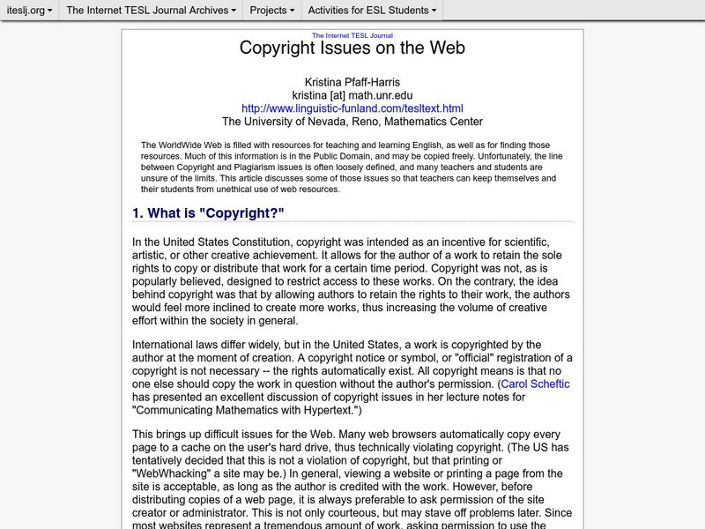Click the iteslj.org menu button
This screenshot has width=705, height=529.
tap(29, 11)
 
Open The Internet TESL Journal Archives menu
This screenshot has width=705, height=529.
tap(151, 11)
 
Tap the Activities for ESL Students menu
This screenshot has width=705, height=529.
tap(372, 11)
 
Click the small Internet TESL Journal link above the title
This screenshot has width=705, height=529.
tap(352, 35)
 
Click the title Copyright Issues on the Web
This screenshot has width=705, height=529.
tap(352, 48)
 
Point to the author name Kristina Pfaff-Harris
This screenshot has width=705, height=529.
tap(352, 81)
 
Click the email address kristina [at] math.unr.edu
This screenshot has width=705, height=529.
tap(352, 94)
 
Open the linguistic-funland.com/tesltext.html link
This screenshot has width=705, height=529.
tap(352, 108)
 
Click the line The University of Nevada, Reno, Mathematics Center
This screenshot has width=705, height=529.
tap(352, 122)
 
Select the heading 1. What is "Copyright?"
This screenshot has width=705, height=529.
tap(208, 212)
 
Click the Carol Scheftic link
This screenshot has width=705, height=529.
tap(534, 384)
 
